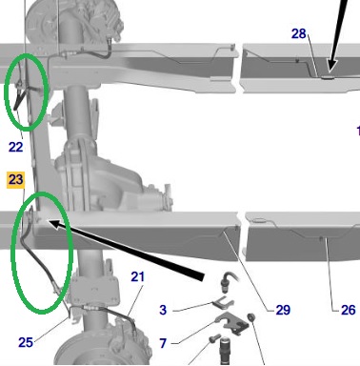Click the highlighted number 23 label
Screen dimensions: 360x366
click(15, 180)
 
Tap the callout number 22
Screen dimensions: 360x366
click(15, 147)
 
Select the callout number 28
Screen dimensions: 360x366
click(298, 33)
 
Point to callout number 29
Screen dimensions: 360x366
click(283, 310)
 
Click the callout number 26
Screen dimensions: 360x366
click(348, 310)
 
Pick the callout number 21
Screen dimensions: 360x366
click(137, 276)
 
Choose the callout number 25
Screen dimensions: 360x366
click(26, 342)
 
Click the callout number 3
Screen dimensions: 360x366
click(163, 310)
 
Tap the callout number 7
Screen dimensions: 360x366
click(163, 343)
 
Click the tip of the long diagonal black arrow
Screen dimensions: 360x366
click(49, 221)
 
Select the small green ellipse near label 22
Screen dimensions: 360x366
click(5, 92)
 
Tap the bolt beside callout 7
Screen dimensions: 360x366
click(215, 338)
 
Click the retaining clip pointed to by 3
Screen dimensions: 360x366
click(224, 302)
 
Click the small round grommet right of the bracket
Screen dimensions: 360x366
click(251, 316)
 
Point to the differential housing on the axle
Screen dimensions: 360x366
click(105, 179)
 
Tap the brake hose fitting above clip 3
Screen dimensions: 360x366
click(228, 281)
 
